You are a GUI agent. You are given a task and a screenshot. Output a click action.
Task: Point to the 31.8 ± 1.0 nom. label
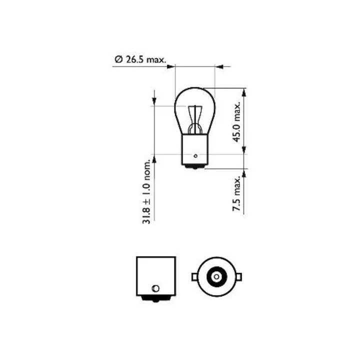tap(146, 192)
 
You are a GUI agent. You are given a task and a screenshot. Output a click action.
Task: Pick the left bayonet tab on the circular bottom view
tap(194, 276)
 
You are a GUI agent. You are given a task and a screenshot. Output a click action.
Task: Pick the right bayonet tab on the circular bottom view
tap(239, 276)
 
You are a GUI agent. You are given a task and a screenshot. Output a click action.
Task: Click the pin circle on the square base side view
tap(155, 288)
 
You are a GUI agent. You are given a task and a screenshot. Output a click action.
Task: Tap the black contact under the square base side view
tap(155, 299)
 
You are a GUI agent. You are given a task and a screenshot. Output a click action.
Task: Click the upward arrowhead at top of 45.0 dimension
tap(244, 92)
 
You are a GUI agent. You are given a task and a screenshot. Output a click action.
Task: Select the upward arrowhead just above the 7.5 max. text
tap(244, 172)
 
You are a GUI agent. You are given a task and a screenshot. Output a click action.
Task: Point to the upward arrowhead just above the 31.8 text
tap(154, 158)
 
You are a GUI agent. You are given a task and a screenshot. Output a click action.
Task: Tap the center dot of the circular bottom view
tap(216, 276)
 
